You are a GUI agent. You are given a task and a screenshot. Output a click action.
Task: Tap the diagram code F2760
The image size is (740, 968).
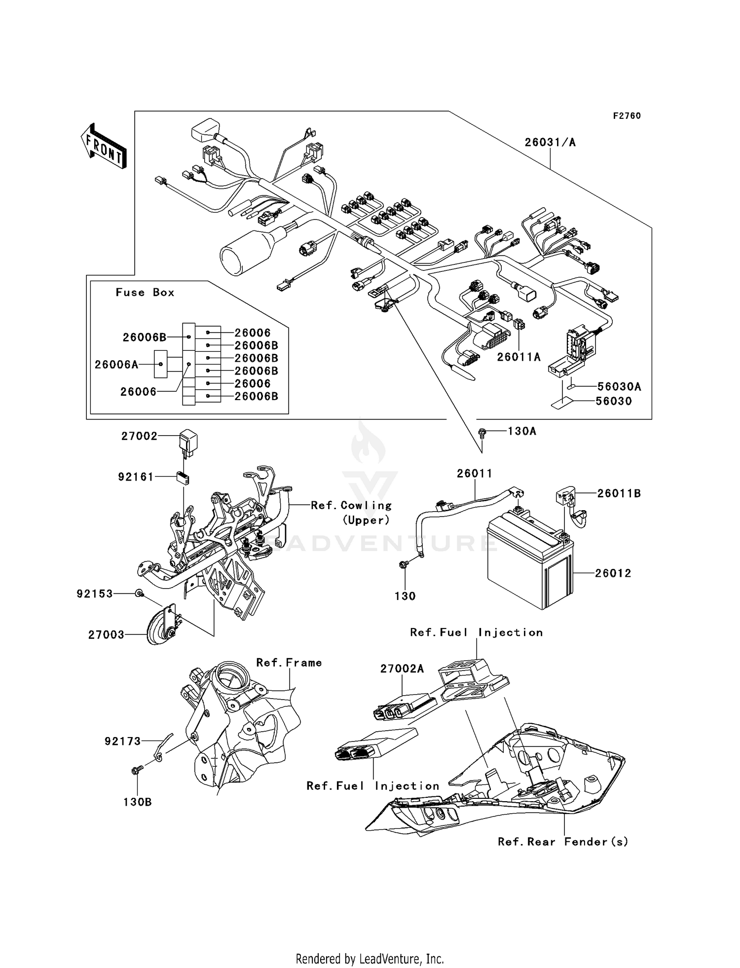point(627,116)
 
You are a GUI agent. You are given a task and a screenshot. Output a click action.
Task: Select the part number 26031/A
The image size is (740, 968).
point(550,143)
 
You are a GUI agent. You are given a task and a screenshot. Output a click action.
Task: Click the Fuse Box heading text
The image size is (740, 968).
point(145,293)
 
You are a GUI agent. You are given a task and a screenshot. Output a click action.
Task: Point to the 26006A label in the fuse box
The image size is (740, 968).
point(116,365)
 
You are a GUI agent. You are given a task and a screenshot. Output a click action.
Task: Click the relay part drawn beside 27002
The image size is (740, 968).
point(188,439)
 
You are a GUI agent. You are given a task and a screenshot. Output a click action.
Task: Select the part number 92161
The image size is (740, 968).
point(136,477)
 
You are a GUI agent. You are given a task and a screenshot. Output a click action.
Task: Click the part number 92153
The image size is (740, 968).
point(95,594)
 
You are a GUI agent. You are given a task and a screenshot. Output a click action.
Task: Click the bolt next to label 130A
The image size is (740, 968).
point(482,433)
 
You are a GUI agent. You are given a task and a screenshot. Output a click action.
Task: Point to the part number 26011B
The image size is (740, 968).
point(619,494)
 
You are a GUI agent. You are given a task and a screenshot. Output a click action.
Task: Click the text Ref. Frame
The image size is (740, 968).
point(289,663)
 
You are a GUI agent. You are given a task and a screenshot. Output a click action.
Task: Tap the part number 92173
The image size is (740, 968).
point(123,741)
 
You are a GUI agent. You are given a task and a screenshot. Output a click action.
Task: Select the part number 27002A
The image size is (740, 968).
point(402,669)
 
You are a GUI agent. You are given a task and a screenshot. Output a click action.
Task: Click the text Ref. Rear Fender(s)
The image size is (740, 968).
point(563,842)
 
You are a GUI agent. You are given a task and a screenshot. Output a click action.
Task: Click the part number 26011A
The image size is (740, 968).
point(518,357)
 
